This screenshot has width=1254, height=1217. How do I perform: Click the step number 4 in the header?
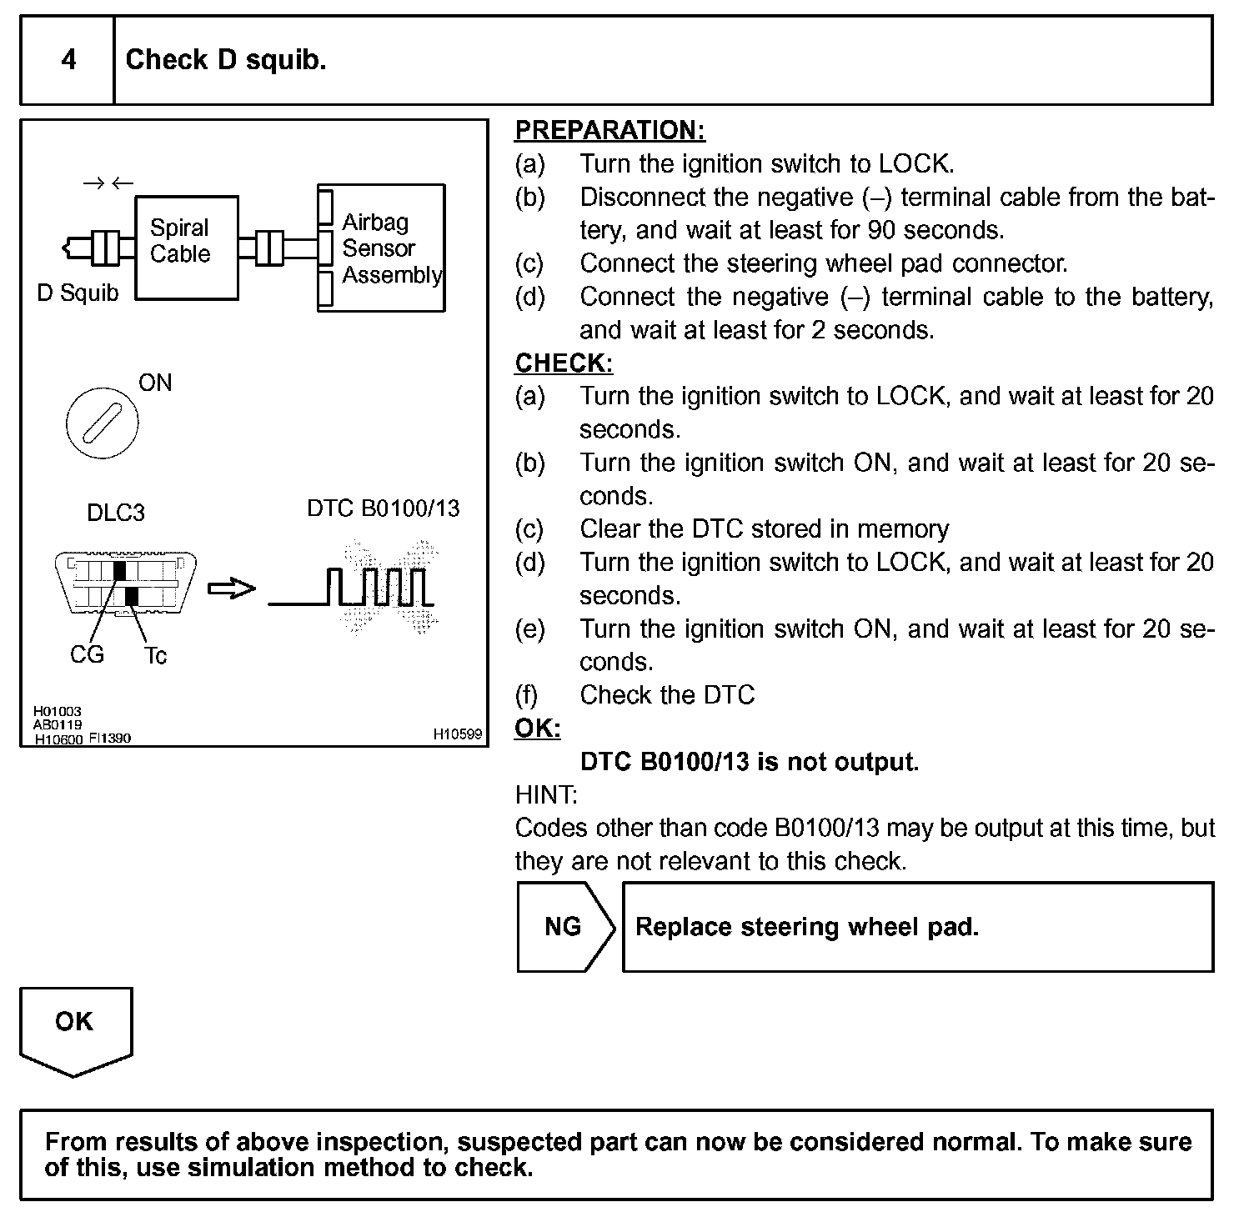click(x=68, y=60)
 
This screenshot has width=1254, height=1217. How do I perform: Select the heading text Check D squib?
click(x=225, y=60)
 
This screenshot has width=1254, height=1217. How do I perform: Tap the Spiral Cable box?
click(x=186, y=248)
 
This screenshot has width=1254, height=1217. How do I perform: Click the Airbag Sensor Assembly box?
click(x=382, y=248)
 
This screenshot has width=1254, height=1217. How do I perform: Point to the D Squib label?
click(x=78, y=293)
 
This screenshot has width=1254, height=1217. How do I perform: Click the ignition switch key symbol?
click(x=102, y=423)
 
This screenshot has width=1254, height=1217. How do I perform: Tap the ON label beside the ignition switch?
click(x=155, y=383)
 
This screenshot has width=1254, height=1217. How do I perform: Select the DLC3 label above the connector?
click(x=116, y=512)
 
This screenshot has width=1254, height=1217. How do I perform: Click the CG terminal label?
click(x=87, y=655)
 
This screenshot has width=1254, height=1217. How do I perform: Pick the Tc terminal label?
click(x=155, y=656)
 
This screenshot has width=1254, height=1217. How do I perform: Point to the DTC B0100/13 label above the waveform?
click(x=383, y=508)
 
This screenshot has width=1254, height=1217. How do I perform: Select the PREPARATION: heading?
click(x=609, y=130)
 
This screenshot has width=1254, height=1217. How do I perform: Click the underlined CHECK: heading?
click(x=564, y=363)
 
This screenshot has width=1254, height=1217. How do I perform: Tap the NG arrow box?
click(x=564, y=927)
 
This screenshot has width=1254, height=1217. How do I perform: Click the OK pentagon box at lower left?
click(x=75, y=1028)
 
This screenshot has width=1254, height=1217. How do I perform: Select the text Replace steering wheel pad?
click(x=806, y=927)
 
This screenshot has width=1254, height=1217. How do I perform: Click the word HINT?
click(x=546, y=794)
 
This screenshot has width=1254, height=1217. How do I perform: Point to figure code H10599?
click(x=458, y=734)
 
